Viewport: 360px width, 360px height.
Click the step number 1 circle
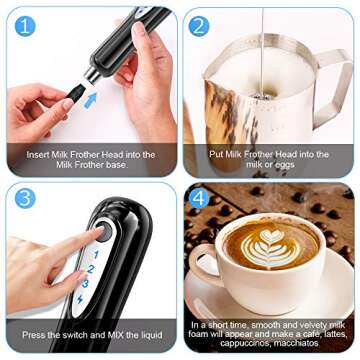tap(24, 25)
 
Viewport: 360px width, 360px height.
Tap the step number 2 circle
tap(200, 26)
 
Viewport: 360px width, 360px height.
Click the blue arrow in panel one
tap(88, 99)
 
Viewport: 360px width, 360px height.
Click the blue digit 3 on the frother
tap(88, 283)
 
